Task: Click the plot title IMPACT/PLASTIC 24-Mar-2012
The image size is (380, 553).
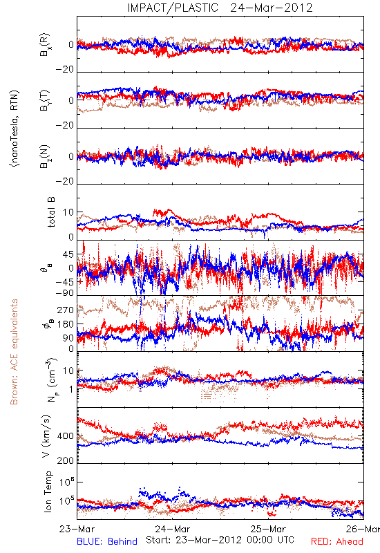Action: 220,8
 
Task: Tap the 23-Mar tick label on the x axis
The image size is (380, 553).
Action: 77,529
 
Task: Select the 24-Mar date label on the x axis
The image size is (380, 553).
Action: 172,529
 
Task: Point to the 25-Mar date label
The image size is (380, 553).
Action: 268,529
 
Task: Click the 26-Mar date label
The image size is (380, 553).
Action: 363,529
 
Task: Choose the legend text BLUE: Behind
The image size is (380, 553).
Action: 107,542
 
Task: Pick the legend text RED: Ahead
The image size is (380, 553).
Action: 337,542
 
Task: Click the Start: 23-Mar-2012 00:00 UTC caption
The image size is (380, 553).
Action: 220,540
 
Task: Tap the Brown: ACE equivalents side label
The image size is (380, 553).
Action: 14,352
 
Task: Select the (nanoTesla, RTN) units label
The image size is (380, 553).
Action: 15,129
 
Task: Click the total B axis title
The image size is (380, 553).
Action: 51,212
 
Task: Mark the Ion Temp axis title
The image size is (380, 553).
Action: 48,491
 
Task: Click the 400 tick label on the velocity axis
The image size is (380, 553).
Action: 66,436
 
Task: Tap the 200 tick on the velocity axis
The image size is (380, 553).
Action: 66,460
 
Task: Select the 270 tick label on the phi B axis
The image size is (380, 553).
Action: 66,310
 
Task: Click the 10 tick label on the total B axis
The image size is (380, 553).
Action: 68,213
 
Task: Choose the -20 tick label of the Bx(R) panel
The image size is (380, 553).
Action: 64,70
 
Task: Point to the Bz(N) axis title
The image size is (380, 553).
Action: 45,156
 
